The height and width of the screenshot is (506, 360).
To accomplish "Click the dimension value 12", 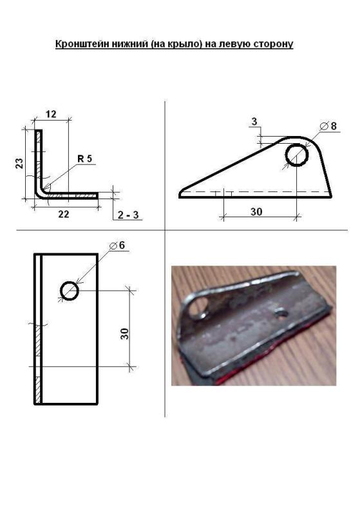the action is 51,114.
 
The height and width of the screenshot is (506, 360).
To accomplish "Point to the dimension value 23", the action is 20,163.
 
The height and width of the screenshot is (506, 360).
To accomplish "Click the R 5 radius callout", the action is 84,159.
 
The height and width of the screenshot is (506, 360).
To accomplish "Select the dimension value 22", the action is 64,214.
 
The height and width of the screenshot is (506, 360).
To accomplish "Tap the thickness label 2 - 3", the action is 128,215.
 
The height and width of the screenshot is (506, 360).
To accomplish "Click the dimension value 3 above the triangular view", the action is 254,122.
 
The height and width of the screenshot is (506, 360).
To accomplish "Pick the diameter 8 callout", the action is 328,126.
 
